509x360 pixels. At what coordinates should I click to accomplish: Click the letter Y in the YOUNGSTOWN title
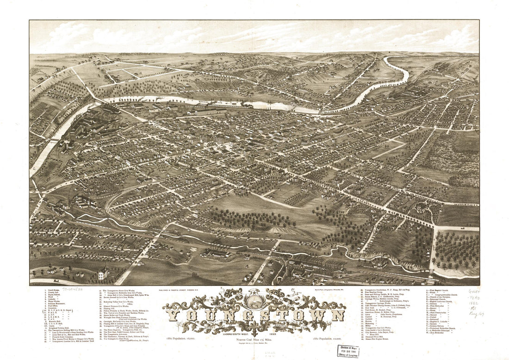click(x=174, y=316)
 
